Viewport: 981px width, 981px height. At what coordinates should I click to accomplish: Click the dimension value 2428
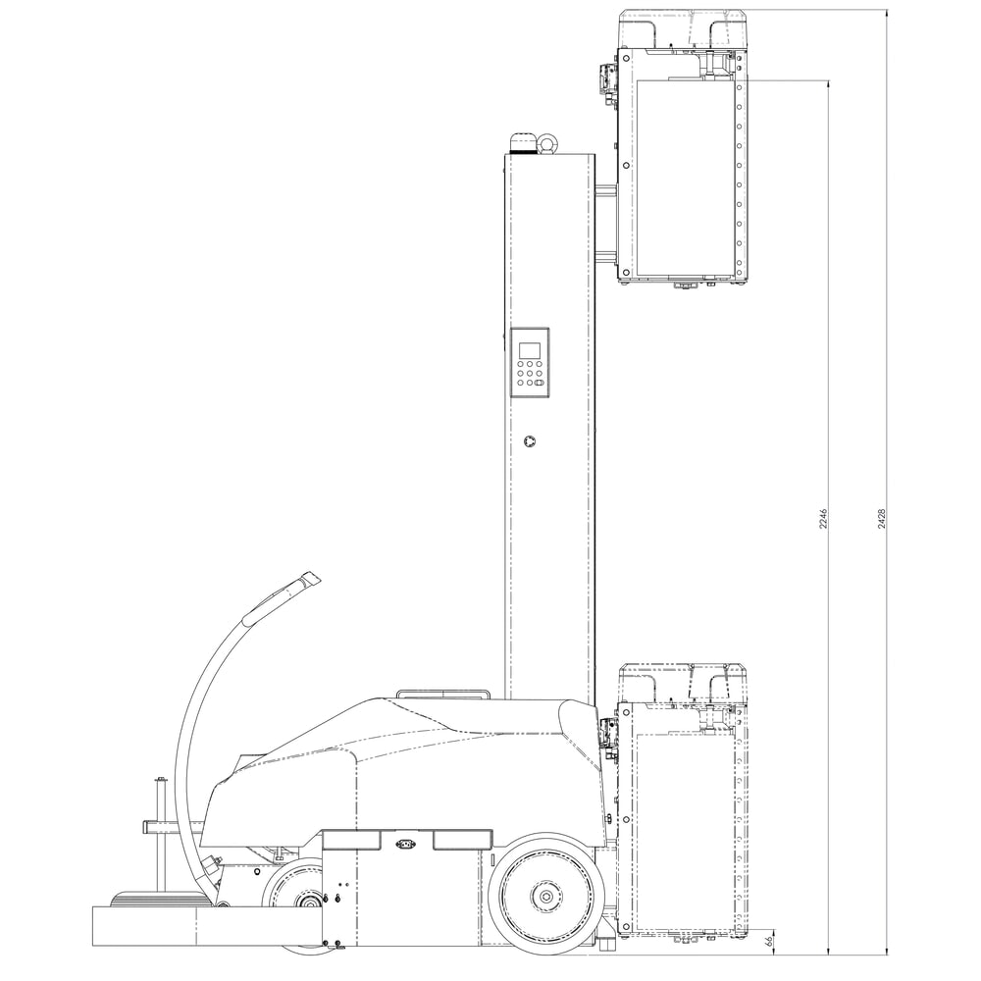coord(883,519)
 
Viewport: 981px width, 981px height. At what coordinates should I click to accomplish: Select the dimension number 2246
coord(825,519)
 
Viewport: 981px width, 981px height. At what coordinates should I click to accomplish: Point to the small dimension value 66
coord(770,941)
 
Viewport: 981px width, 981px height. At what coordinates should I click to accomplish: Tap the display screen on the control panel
coord(530,350)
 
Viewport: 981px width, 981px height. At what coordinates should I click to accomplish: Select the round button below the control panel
coord(531,442)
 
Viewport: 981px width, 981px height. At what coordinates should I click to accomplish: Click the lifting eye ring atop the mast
coord(546,144)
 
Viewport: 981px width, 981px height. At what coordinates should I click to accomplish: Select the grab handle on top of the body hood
coord(442,695)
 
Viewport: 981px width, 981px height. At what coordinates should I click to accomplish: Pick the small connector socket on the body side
coord(405,843)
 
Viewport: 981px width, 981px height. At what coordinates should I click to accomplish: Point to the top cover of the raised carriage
coord(683,27)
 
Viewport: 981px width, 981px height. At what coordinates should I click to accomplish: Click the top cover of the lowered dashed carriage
coord(683,683)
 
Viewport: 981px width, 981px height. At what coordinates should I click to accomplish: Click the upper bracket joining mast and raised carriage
coord(605,190)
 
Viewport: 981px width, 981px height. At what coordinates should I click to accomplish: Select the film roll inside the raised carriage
coord(685,177)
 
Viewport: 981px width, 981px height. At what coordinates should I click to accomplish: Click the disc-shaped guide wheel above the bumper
coord(158,898)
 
